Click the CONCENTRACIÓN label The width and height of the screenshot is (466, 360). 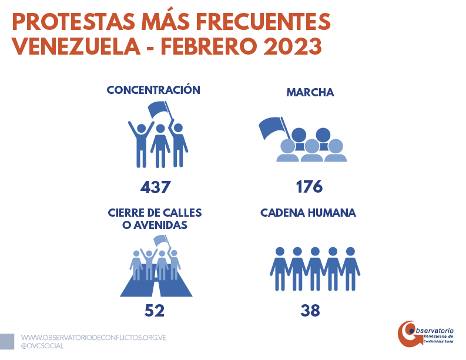tap(153, 90)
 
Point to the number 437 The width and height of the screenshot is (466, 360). tap(155, 187)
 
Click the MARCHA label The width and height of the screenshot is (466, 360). tap(310, 93)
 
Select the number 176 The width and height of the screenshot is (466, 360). tap(310, 187)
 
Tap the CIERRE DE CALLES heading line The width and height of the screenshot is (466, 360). tap(155, 213)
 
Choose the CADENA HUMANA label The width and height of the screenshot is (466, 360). tap(308, 213)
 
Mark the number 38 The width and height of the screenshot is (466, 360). tap(310, 311)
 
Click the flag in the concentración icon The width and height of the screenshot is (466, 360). tap(158, 109)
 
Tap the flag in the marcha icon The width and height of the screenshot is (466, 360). tap(270, 127)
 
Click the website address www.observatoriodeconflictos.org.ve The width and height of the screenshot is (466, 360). tap(94, 338)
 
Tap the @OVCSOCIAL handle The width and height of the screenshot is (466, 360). tap(42, 346)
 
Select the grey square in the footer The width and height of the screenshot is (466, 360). tap(7, 341)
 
